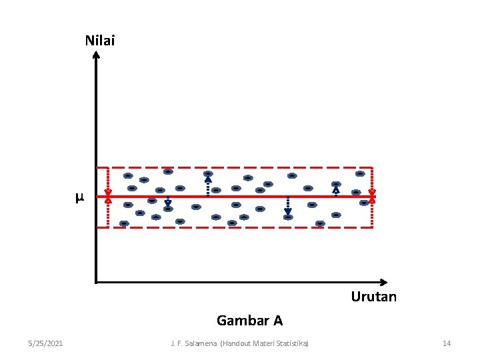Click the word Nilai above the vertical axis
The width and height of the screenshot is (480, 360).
[x=100, y=41]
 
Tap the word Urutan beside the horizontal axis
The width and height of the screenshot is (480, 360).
[x=373, y=297]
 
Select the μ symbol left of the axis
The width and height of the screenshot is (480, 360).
[x=79, y=197]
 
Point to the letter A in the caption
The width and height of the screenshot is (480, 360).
[x=277, y=321]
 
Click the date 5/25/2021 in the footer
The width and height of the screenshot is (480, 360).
[x=46, y=343]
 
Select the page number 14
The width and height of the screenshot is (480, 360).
[x=447, y=343]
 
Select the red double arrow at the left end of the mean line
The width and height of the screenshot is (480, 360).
[x=108, y=197]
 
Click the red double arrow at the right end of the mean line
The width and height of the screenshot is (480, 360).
[x=372, y=196]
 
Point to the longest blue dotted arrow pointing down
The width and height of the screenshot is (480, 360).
[x=287, y=207]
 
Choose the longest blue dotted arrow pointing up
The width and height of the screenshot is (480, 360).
[x=208, y=185]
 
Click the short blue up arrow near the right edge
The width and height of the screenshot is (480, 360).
[x=336, y=191]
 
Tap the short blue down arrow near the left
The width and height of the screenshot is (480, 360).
[x=168, y=203]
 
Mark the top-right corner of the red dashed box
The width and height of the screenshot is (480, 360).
[x=371, y=167]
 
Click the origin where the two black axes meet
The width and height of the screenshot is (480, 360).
[x=96, y=281]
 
